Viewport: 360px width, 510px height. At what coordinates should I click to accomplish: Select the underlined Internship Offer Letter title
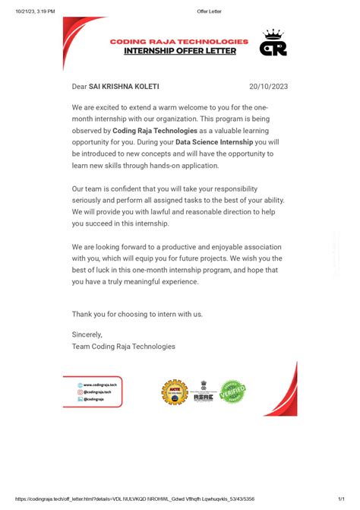pos(180,51)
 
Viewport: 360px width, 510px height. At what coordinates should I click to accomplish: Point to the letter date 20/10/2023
pos(268,87)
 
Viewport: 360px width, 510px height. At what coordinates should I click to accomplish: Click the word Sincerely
pos(87,334)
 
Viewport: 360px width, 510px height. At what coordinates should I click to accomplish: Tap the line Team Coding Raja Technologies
pos(123,346)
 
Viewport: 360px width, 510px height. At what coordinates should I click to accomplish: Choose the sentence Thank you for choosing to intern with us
pos(137,313)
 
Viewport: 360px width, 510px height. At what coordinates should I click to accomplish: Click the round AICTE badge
pos(175,392)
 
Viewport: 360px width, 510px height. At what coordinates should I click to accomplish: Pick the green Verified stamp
pos(232,392)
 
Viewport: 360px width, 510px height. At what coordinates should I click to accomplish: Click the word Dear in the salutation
pos(79,87)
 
